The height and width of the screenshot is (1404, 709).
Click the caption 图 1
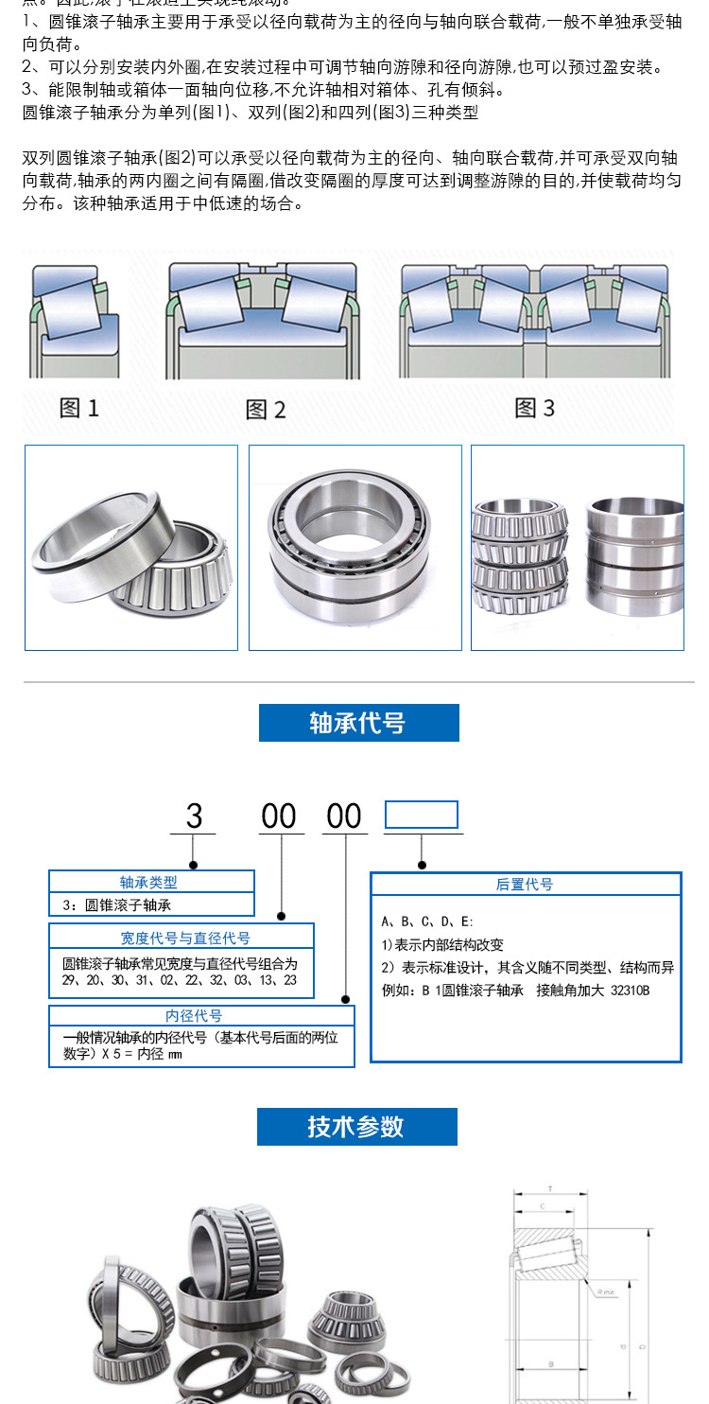click(x=79, y=408)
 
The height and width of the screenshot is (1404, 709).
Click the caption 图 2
click(x=265, y=409)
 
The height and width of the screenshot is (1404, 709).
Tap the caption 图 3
click(x=534, y=408)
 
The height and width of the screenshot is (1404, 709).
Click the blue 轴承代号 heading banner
click(x=358, y=723)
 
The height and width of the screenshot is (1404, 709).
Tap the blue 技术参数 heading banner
click(x=356, y=1127)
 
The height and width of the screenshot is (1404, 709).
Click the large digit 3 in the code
click(x=194, y=816)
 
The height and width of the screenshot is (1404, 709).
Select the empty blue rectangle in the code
click(x=421, y=815)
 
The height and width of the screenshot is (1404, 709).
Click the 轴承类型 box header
click(x=151, y=882)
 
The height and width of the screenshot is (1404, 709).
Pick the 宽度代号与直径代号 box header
click(x=185, y=938)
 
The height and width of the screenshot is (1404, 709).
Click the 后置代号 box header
click(x=525, y=885)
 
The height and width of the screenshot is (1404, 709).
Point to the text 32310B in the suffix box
click(x=631, y=991)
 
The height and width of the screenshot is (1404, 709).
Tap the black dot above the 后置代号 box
click(x=422, y=865)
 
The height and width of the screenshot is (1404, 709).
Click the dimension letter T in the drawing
click(x=550, y=1188)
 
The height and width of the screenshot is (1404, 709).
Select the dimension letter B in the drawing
click(x=552, y=1364)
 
